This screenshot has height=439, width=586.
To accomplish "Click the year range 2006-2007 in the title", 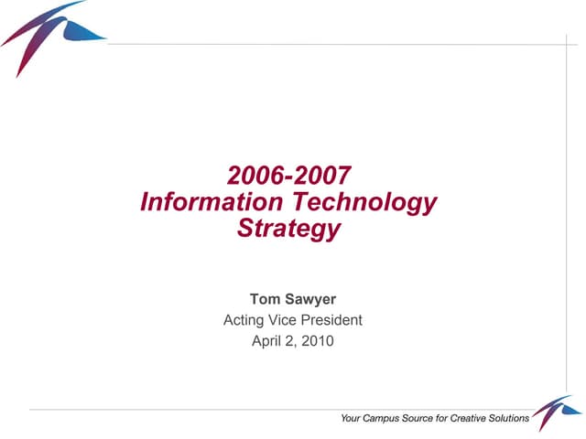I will click(x=289, y=175).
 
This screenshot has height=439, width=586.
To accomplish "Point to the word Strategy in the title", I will click(x=288, y=229).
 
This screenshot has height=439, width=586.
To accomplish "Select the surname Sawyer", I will click(x=309, y=299).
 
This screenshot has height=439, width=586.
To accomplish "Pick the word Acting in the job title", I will click(x=244, y=320).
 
